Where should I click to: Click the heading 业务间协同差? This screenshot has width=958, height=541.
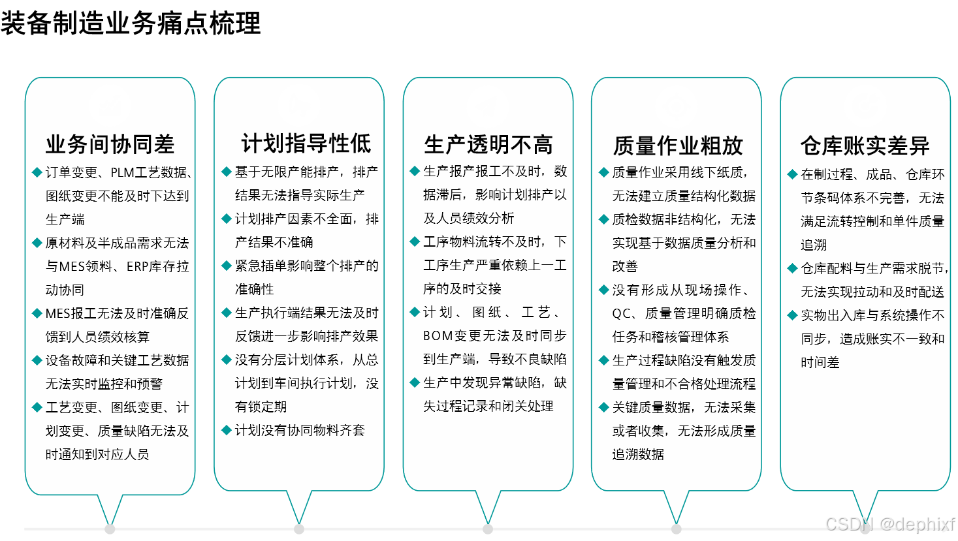coord(110,144)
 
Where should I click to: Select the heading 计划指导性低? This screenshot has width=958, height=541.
coord(306,144)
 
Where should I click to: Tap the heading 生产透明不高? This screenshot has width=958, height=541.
coord(488,144)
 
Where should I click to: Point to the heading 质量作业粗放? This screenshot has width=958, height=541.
coord(678,146)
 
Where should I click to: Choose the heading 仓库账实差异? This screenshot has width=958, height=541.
coord(865,146)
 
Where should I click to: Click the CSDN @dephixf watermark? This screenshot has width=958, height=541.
coord(889,523)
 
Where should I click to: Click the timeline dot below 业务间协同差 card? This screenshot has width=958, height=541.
coord(110,529)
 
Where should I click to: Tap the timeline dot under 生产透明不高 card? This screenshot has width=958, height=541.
coord(488,529)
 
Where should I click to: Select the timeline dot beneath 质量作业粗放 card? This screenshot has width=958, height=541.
coord(677,529)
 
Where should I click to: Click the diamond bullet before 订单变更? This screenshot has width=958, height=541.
coord(37,172)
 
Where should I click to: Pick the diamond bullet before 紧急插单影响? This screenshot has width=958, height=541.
coord(227,266)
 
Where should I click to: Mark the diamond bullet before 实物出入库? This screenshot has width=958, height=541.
coord(793,315)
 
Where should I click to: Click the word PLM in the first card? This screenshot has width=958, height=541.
coord(123,173)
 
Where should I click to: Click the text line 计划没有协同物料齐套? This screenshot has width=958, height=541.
coord(300,430)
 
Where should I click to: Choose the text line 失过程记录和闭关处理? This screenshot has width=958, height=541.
coord(488,407)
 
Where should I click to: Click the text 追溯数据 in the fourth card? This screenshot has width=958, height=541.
coord(638,454)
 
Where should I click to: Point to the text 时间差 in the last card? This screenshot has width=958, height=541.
coord(820,363)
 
